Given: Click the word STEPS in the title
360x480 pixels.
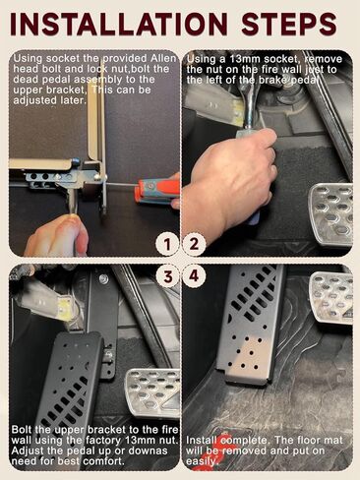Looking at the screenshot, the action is tap(289, 24).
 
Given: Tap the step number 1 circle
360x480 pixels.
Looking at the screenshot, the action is tap(167, 244).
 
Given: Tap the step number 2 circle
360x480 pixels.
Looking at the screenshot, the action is tap(194, 244).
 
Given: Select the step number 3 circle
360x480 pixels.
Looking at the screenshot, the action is tap(167, 276).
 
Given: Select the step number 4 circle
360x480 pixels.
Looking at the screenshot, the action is tap(194, 276).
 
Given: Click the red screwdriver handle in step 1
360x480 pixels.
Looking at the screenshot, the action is tap(158, 191).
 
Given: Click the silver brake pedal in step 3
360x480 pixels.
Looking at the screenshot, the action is tap(153, 392).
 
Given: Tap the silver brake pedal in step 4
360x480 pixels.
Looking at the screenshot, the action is tap(331, 298).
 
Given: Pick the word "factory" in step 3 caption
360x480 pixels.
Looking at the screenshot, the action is tap(103, 440).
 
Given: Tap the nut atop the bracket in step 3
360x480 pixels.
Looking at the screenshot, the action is tap(104, 279).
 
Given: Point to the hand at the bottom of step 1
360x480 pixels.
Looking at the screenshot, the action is tap(57, 235).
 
